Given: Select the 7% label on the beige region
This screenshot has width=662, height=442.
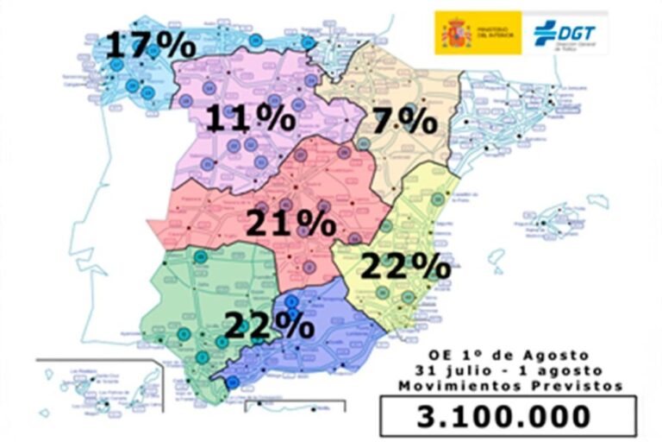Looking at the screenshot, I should (405, 120).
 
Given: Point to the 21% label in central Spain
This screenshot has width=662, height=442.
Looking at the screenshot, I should (290, 224).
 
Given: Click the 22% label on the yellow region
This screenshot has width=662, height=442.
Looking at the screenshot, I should (405, 266).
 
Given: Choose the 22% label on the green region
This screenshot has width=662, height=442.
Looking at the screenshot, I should (268, 325).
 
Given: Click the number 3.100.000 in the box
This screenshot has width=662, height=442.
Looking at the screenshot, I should (507, 416).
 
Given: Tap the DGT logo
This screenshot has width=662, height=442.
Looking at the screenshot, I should (565, 34).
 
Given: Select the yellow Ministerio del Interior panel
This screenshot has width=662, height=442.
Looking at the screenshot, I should (478, 34).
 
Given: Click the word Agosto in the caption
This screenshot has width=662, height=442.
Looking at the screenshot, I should (557, 356).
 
